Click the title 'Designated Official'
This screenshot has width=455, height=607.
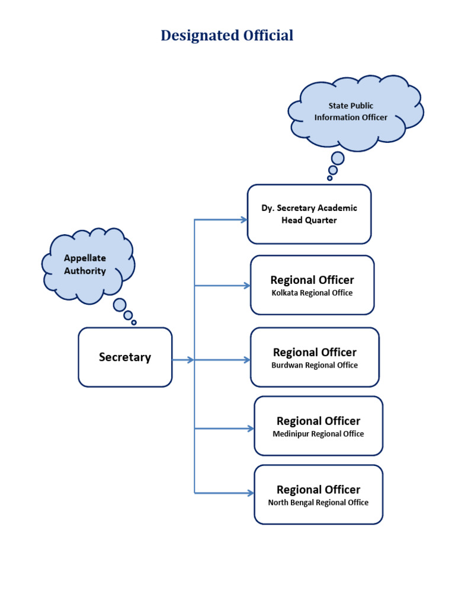point(227,36)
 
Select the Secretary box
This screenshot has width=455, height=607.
point(125,357)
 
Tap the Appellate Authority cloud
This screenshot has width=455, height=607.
point(86,264)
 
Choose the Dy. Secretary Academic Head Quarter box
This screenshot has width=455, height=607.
point(309,214)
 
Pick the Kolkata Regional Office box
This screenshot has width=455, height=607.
point(312,285)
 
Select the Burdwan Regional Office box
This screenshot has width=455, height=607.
point(315,357)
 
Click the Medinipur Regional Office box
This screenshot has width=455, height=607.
point(318,426)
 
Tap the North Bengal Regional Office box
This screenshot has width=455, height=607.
point(318,494)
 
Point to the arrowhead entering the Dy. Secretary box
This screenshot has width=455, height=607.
point(243,219)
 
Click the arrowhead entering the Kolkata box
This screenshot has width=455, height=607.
point(247,286)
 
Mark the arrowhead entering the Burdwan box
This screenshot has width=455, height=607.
point(247,360)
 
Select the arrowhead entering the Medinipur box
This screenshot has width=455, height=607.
point(251,428)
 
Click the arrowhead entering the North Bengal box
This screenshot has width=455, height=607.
point(251,493)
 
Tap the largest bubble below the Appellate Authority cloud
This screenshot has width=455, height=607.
point(120,305)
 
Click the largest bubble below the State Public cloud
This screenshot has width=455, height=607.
point(338,158)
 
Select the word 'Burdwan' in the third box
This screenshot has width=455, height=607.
point(286,365)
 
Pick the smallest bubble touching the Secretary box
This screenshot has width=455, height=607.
point(134,322)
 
